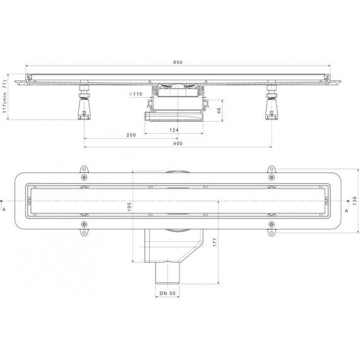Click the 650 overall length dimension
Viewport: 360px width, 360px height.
point(177,63)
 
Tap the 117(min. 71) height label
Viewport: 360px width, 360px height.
point(4,97)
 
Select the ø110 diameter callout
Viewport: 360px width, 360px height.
point(136,94)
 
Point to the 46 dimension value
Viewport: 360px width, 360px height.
point(219,111)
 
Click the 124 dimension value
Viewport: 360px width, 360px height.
point(174,130)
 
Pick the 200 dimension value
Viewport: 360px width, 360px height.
point(131,135)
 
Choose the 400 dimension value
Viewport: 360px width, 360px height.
point(178,143)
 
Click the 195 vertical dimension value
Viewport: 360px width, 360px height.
point(129,207)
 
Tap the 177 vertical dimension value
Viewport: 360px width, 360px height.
point(215,243)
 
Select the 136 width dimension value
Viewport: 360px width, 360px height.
point(355,201)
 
